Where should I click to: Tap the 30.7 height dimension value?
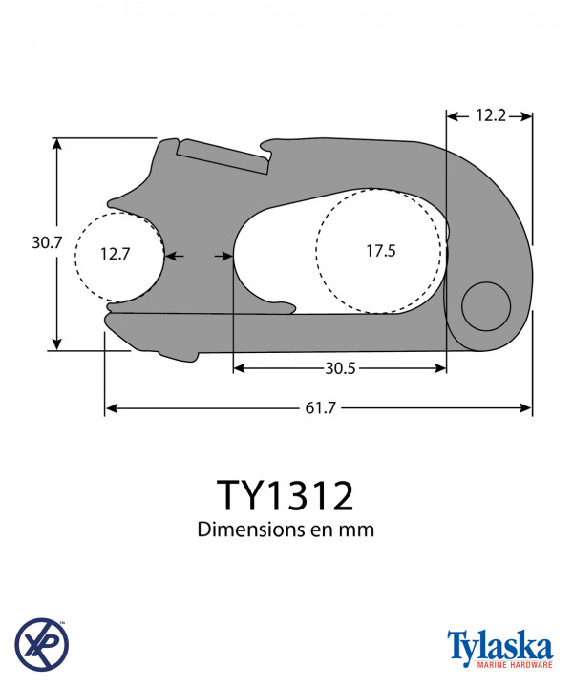coord(47,242)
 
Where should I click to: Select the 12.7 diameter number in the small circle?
coord(115,254)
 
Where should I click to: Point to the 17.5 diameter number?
coord(381,251)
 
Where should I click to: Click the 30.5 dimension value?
coord(340,368)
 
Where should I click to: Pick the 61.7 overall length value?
coord(320,408)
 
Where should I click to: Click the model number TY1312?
coord(286,495)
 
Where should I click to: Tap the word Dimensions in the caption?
coord(251,530)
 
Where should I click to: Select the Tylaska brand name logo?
coord(499,646)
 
